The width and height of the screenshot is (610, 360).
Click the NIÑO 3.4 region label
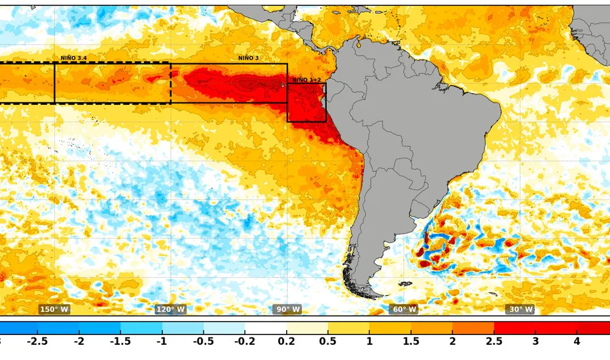(x=73, y=58)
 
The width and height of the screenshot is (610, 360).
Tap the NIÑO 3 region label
(x=248, y=58)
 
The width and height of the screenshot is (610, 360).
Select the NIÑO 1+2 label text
(x=306, y=80)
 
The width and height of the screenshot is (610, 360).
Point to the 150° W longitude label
(x=54, y=309)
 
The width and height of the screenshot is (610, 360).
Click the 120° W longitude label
(x=170, y=309)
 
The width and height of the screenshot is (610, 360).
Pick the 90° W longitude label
(x=287, y=309)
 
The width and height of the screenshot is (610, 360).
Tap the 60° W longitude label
(x=404, y=309)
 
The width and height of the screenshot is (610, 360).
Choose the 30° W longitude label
(x=520, y=309)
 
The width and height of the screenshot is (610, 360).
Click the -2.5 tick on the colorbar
(x=38, y=341)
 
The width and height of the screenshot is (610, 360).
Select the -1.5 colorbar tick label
(x=120, y=341)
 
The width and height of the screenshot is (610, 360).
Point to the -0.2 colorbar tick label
(x=245, y=341)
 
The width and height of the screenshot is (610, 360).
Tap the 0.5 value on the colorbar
(x=328, y=341)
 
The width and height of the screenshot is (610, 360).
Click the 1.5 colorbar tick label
(x=411, y=341)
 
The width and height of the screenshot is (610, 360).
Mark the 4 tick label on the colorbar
(x=577, y=341)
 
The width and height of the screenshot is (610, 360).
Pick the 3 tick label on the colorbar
(x=536, y=341)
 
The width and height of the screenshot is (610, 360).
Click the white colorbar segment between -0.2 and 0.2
(x=265, y=327)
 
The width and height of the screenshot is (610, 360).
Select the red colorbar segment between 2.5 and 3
(x=515, y=327)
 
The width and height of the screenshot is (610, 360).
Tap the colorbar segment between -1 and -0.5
(x=182, y=327)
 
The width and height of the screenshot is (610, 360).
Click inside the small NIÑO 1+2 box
(x=306, y=104)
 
